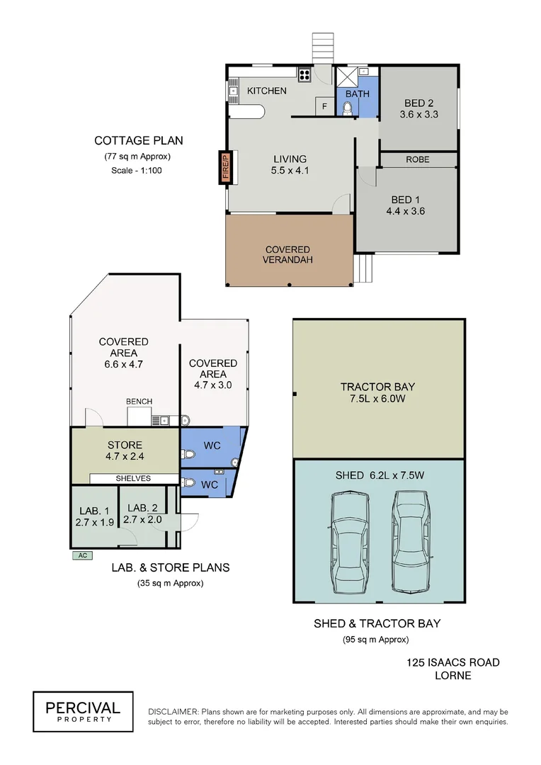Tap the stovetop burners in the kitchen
pos(304,74)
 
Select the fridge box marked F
pos(324,106)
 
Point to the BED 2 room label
pos(418,102)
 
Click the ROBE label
pos(417,160)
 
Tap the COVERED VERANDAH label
pos(287,254)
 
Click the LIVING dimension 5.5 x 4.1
pos(290,171)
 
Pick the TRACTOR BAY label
pos(377,387)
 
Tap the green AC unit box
pos(82,555)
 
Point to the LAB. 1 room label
pos(93,508)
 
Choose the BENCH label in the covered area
pos(139,402)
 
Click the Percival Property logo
pos(83,711)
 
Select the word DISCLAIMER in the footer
pos(173,711)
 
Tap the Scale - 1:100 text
pos(137,171)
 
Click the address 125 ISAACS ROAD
pos(453,662)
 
